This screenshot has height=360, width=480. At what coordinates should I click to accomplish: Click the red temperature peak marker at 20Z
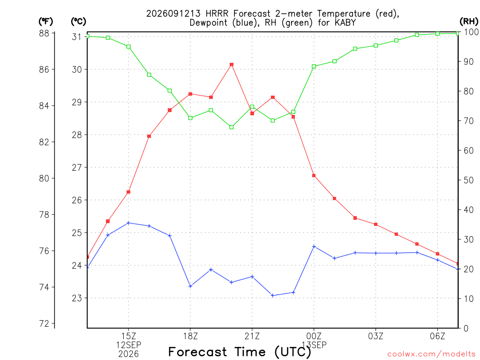tap(232, 65)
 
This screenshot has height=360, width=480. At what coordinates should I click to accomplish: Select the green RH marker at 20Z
tap(232, 127)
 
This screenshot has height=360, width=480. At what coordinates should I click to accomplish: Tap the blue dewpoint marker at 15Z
tap(128, 223)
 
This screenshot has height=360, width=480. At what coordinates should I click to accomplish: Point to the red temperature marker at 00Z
tap(314, 176)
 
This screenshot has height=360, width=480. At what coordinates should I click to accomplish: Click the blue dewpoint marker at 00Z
tap(314, 247)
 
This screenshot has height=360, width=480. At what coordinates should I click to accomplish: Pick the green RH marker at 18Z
tap(190, 118)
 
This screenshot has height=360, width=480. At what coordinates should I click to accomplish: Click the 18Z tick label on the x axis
tap(190, 336)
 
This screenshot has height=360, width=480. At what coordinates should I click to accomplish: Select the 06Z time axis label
tap(437, 336)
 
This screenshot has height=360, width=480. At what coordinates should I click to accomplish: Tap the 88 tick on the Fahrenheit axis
tap(45, 33)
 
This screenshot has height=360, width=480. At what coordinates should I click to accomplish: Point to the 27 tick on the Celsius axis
tap(77, 167)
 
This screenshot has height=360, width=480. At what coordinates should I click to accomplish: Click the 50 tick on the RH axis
tap(469, 180)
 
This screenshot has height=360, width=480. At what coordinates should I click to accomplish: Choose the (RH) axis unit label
tap(469, 21)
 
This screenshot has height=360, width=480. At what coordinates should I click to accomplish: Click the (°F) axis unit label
tap(45, 22)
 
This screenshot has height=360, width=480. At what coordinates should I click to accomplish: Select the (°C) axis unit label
tap(78, 22)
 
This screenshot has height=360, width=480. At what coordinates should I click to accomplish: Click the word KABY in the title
tap(345, 22)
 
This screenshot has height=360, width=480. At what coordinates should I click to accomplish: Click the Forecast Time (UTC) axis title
tap(240, 352)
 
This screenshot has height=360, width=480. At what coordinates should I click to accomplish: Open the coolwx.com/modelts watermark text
tap(431, 354)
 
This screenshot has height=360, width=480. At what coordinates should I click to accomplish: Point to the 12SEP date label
tap(128, 345)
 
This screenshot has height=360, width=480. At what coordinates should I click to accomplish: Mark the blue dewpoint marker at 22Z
tap(272, 295)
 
